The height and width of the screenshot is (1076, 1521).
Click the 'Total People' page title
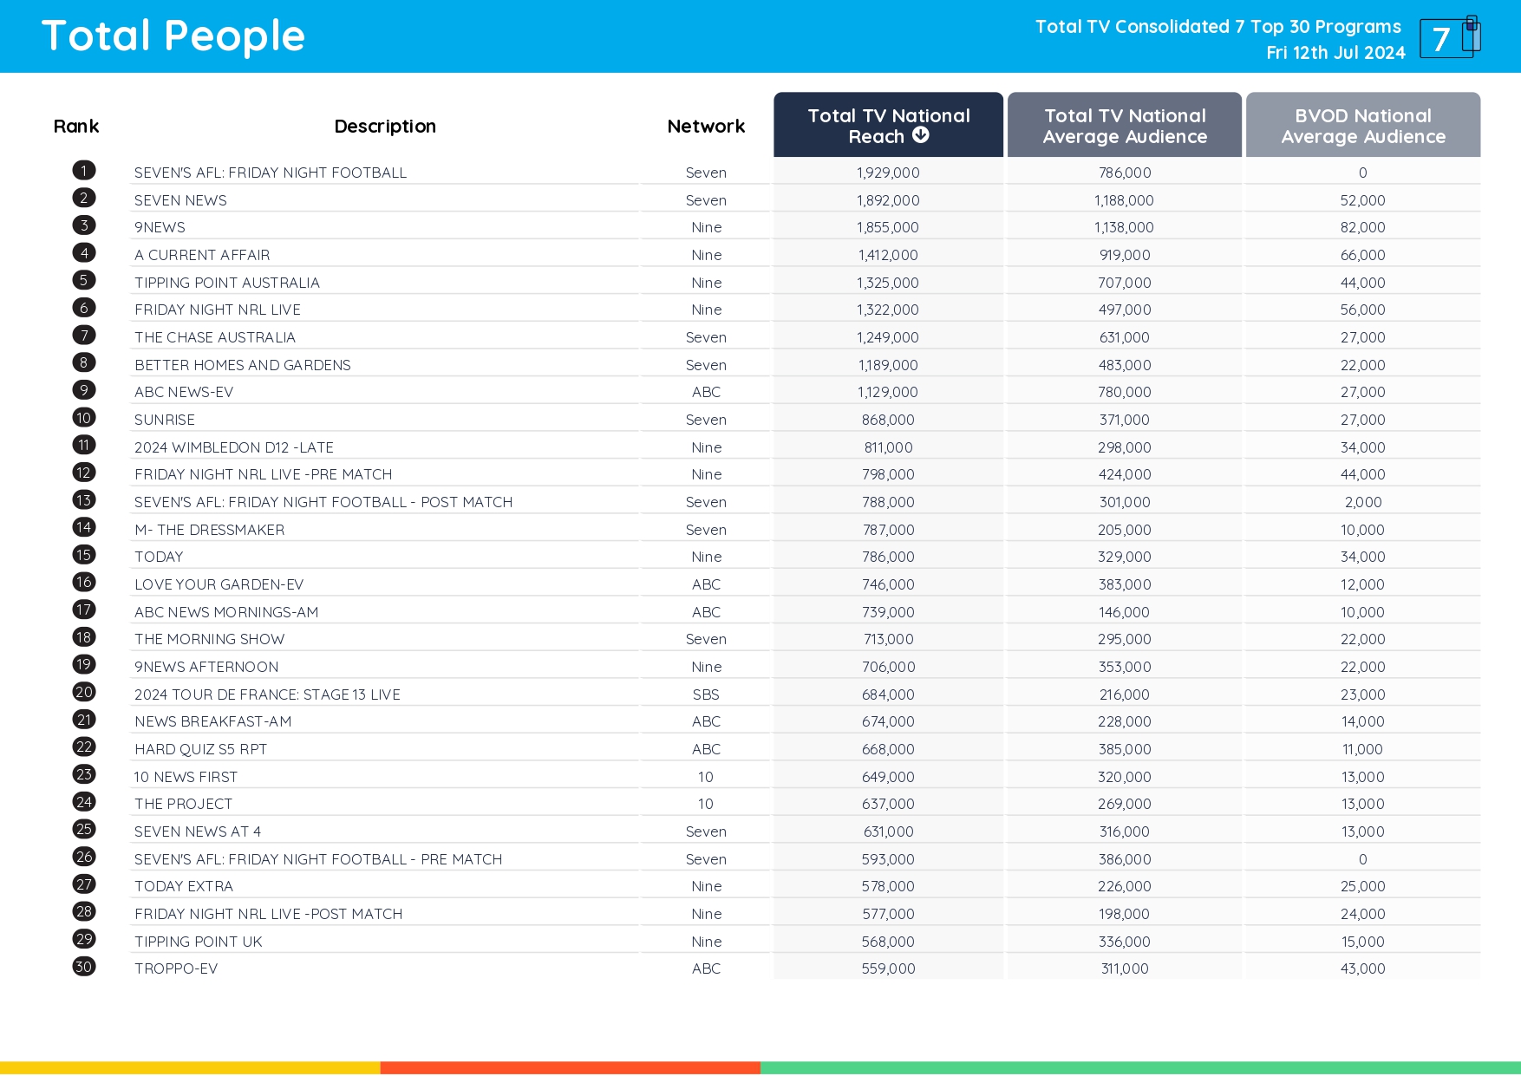pos(173,36)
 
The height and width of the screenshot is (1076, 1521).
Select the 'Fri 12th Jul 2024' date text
pos(1335,53)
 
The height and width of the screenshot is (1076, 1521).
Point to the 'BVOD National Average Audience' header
pos(1362,126)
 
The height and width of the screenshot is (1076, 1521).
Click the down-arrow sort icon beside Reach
pos(921,135)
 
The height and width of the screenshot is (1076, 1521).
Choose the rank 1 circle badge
pos(84,171)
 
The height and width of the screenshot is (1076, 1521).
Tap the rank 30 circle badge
pos(84,967)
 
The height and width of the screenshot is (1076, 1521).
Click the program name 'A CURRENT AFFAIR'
pos(202,255)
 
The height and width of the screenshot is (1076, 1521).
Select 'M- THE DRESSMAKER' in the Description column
pos(209,530)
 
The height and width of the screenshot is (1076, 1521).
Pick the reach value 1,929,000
pos(888,173)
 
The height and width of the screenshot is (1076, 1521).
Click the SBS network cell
pos(706,695)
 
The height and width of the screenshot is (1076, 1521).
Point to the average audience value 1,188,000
pos(1124,200)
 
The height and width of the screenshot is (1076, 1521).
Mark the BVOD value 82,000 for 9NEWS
pos(1362,227)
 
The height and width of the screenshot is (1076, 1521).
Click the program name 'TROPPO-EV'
pos(176,968)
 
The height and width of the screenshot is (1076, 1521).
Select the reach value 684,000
pos(888,695)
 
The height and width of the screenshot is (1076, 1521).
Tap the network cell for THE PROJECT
pos(706,804)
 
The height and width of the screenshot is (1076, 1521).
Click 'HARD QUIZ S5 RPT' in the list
pos(200,749)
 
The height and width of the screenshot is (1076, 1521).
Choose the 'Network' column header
pos(706,127)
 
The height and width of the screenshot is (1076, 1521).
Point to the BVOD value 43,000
pos(1362,968)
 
